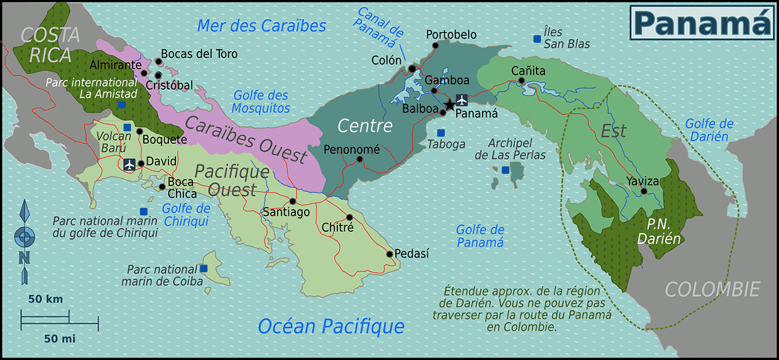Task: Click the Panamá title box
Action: [x=701, y=22]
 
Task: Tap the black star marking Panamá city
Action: [x=450, y=105]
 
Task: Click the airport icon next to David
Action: [x=129, y=165]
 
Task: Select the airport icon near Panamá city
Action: [x=462, y=99]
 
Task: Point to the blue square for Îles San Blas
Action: [x=537, y=39]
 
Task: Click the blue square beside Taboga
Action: [x=440, y=133]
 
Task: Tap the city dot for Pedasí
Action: [x=389, y=254]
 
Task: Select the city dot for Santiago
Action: [x=292, y=202]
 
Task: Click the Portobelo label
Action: [x=451, y=35]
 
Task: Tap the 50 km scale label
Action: [x=45, y=299]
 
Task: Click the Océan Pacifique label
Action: [x=330, y=326]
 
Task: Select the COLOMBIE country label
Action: [x=712, y=290]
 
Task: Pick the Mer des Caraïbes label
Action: [x=261, y=26]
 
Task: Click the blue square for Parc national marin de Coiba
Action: [x=204, y=268]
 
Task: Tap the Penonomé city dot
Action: [x=359, y=159]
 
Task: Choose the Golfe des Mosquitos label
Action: [x=261, y=102]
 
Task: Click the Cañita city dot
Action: [x=521, y=80]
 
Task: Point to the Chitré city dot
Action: [x=349, y=217]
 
